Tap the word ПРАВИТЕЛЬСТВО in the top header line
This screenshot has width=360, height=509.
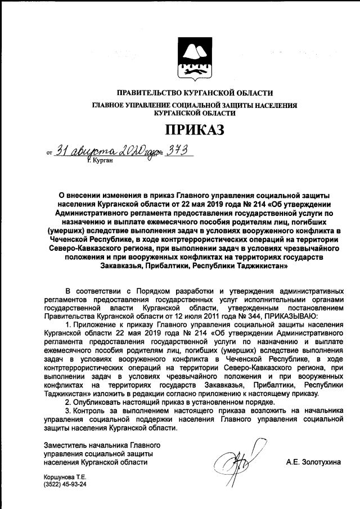pyautogui.click(x=151, y=93)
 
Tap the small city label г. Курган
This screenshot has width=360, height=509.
pyautogui.click(x=101, y=161)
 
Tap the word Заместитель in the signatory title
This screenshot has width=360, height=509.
pyautogui.click(x=66, y=445)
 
